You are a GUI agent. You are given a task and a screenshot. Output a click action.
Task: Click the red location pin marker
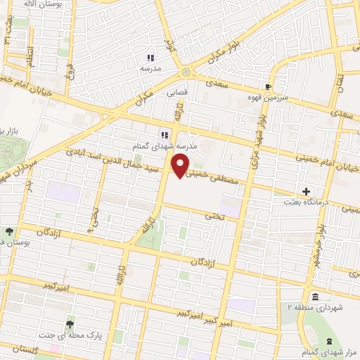(181, 165)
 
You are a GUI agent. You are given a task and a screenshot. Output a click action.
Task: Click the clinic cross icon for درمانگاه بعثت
(306, 191)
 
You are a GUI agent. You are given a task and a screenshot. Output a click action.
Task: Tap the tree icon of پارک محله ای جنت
(70, 324)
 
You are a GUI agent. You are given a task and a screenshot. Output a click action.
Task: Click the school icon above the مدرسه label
(150, 57)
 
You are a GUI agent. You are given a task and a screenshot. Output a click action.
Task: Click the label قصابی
(177, 91)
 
